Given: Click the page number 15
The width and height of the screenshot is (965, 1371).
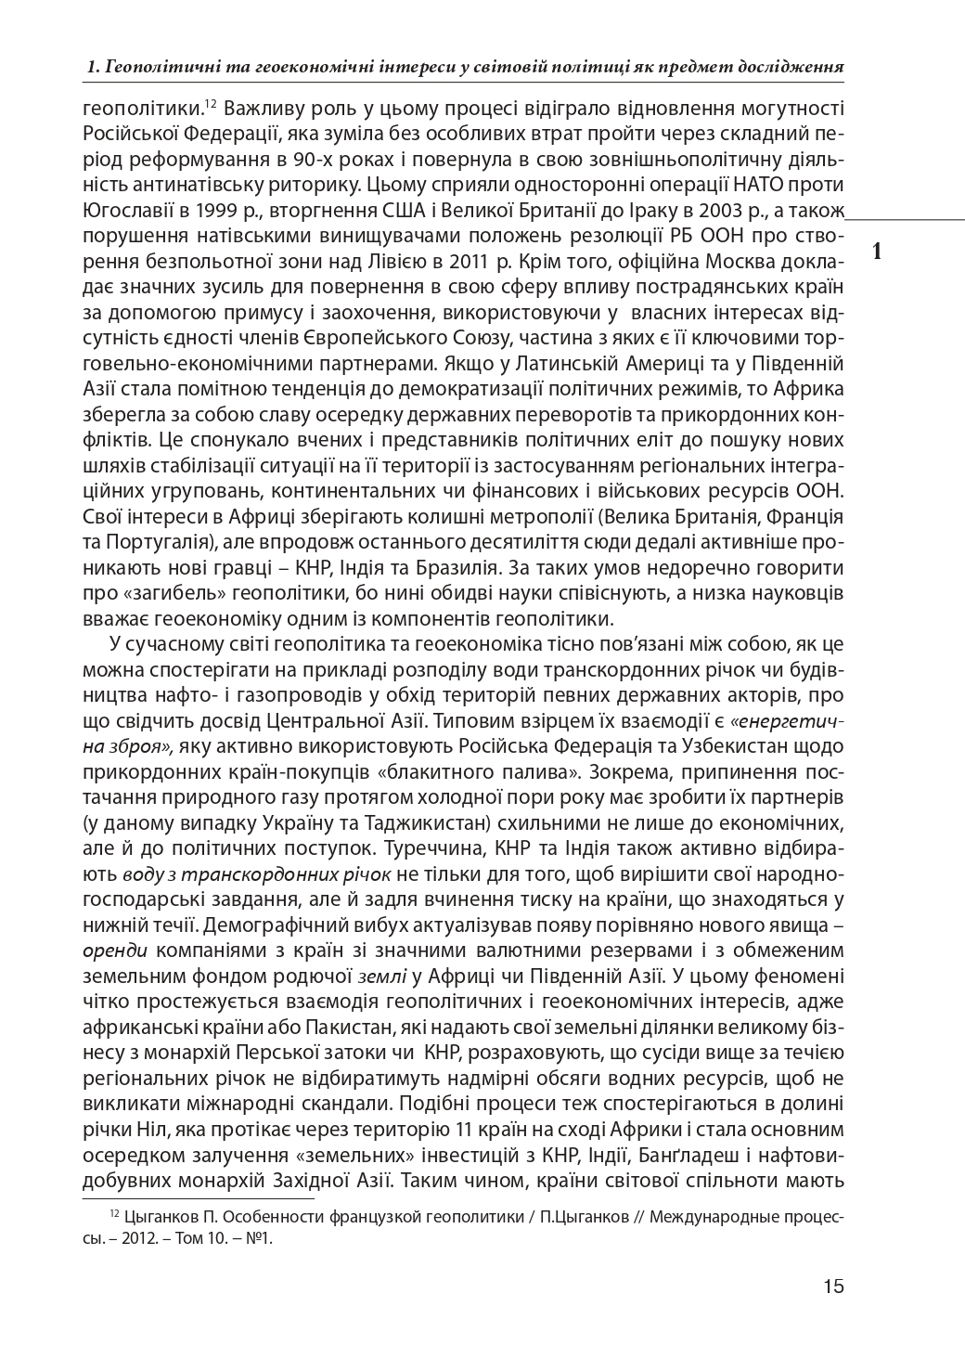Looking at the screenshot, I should tap(832, 1287).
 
